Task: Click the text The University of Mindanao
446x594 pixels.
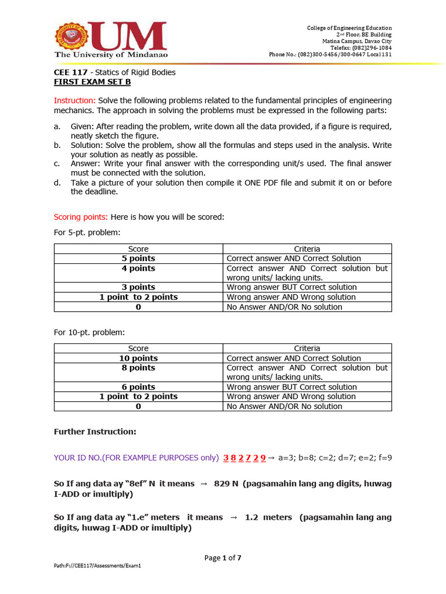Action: click(111, 55)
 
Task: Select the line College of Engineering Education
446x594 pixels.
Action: click(349, 28)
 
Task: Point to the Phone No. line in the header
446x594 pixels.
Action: click(330, 55)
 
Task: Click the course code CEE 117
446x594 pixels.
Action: click(71, 73)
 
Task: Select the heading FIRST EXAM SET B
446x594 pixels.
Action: click(92, 82)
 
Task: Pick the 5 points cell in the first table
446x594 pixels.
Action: click(138, 259)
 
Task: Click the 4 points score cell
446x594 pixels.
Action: click(138, 269)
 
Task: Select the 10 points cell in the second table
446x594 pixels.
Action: click(138, 358)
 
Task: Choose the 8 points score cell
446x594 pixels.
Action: click(138, 368)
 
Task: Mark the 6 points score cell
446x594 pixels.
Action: click(138, 387)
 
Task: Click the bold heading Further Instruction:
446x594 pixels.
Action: click(95, 432)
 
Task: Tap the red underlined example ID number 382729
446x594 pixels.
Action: click(244, 458)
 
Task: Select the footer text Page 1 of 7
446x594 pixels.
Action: click(222, 558)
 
